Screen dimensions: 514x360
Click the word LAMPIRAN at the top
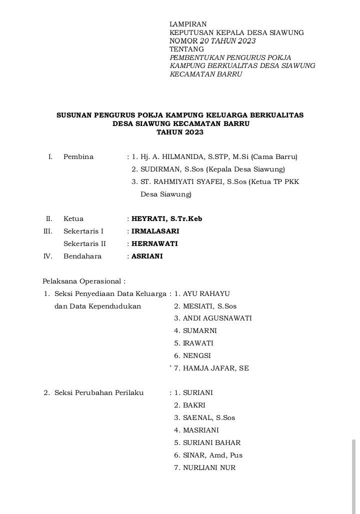[188, 24]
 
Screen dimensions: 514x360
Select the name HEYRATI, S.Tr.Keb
[166, 219]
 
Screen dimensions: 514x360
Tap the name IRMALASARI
[155, 231]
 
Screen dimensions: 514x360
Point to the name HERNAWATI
[154, 244]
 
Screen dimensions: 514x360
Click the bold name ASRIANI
[147, 256]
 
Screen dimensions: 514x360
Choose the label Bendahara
[82, 256]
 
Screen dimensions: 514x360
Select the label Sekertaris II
[84, 244]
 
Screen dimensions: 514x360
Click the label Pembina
[78, 157]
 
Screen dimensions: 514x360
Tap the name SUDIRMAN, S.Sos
[172, 169]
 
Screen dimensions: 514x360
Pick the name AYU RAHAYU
[206, 294]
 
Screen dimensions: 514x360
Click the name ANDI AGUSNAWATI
[217, 318]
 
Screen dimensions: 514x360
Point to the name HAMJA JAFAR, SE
[215, 368]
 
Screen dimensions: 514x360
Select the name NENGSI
[196, 356]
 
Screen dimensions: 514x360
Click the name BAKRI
[194, 405]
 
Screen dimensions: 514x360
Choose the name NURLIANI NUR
[209, 468]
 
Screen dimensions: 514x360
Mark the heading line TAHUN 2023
[180, 132]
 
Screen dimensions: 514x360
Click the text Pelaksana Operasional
[83, 281]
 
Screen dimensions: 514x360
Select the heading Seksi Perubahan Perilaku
[99, 393]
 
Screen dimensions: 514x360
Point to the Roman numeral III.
[48, 231]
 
